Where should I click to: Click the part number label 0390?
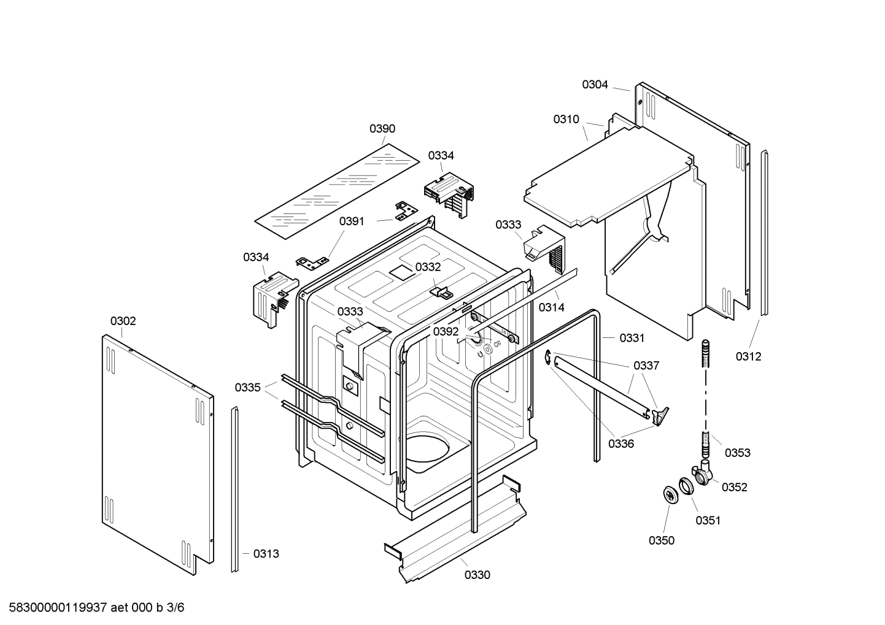pyautogui.click(x=382, y=129)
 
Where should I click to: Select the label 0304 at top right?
pyautogui.click(x=595, y=85)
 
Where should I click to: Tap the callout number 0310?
pyautogui.click(x=566, y=119)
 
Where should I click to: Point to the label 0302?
pyautogui.click(x=123, y=321)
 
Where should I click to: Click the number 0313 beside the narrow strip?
pyautogui.click(x=266, y=554)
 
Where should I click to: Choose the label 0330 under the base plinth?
pyautogui.click(x=477, y=575)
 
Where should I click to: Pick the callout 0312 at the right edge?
pyautogui.click(x=748, y=356)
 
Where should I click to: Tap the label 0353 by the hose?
pyautogui.click(x=737, y=453)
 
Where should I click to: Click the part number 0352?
pyautogui.click(x=734, y=487)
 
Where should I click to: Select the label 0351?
pyautogui.click(x=708, y=520)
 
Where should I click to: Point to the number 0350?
pyautogui.click(x=661, y=540)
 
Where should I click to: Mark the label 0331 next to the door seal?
pyautogui.click(x=632, y=338)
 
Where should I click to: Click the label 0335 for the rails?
pyautogui.click(x=247, y=388)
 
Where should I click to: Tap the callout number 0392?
pyautogui.click(x=446, y=332)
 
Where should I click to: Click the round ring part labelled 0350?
pyautogui.click(x=670, y=495)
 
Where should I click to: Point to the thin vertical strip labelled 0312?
pyautogui.click(x=764, y=233)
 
